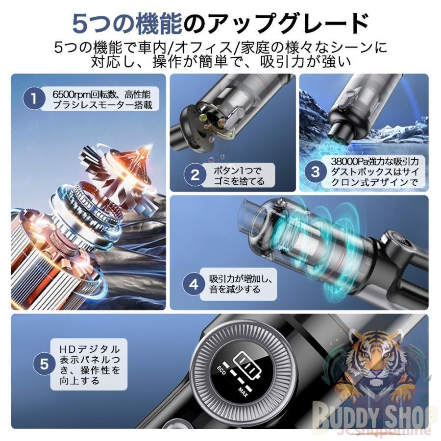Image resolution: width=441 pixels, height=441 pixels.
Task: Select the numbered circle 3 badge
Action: click(x=316, y=171)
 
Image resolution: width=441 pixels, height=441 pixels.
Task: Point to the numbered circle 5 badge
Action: click(x=44, y=364)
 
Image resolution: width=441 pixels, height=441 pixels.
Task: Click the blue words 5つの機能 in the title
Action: click(x=126, y=23)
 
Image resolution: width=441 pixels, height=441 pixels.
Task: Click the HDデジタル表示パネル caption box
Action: click(x=89, y=364)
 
